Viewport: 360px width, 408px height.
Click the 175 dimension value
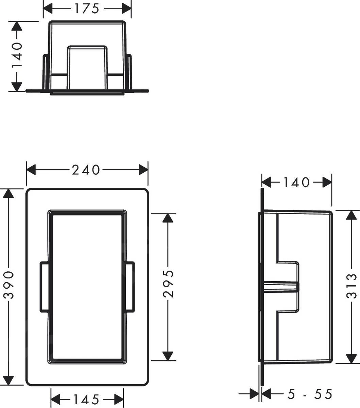87,9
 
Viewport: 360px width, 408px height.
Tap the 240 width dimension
86,169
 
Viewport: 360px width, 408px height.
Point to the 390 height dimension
8,285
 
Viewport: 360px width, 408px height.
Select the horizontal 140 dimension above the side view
296,183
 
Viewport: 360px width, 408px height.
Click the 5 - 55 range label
309,394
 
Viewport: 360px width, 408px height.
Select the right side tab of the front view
130,286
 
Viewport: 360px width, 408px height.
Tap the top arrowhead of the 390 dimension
8,194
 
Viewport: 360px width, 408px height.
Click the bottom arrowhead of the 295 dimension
167,355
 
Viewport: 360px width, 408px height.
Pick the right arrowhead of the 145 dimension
119,399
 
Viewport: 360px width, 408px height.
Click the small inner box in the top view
87,67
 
